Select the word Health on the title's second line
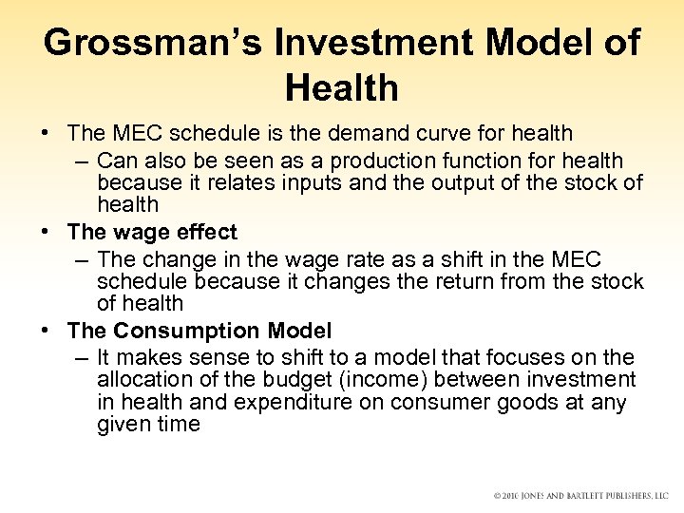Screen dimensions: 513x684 coord(341,89)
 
